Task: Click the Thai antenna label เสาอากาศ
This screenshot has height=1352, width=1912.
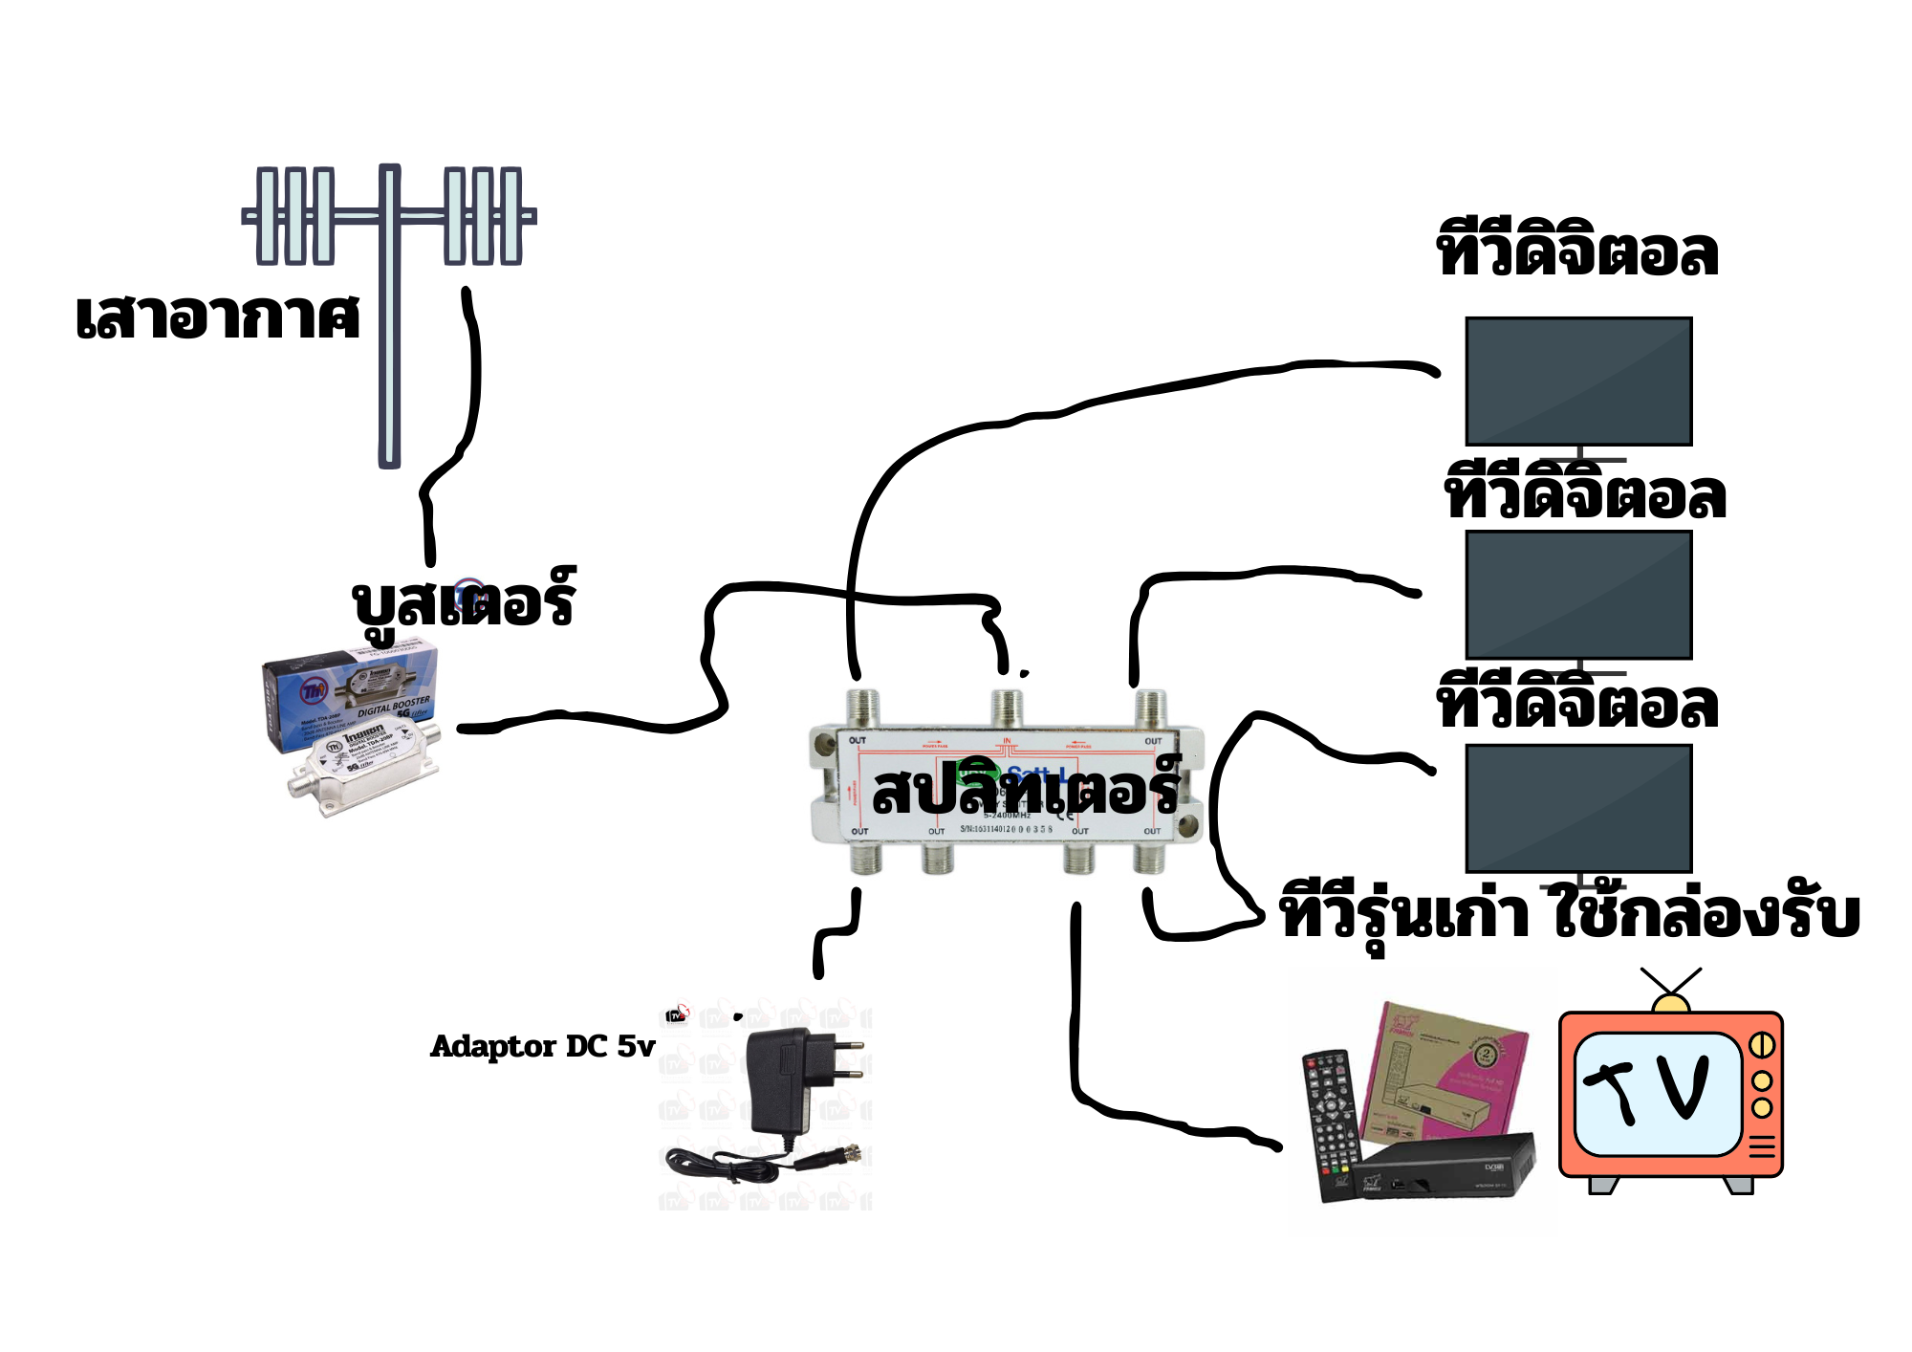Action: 218,317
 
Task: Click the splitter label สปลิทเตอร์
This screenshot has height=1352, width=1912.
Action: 1027,790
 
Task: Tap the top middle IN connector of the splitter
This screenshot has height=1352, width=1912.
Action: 1007,709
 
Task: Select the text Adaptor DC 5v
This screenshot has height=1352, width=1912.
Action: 542,1046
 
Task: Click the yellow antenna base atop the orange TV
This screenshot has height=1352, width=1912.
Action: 1671,1004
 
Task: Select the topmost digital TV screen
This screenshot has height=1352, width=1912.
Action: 1578,382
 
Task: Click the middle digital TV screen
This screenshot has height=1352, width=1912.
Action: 1578,595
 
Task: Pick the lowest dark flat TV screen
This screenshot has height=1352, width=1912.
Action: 1578,809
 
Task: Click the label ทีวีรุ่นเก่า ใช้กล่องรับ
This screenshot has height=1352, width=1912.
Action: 1570,914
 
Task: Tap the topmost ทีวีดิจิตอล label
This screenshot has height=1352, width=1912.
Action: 1577,252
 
